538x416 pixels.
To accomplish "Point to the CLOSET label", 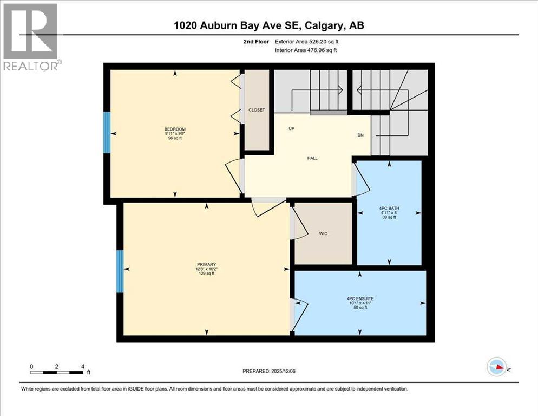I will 257,110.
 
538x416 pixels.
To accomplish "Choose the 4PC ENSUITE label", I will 360,298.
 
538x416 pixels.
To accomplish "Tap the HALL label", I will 312,158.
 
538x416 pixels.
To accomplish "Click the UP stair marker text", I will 291,129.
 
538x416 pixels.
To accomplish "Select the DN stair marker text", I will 360,135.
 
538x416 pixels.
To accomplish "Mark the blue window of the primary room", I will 120,271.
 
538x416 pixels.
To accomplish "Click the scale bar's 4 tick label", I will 82,366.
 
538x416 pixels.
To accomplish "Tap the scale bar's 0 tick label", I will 32,366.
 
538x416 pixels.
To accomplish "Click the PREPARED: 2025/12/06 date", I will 270,371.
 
